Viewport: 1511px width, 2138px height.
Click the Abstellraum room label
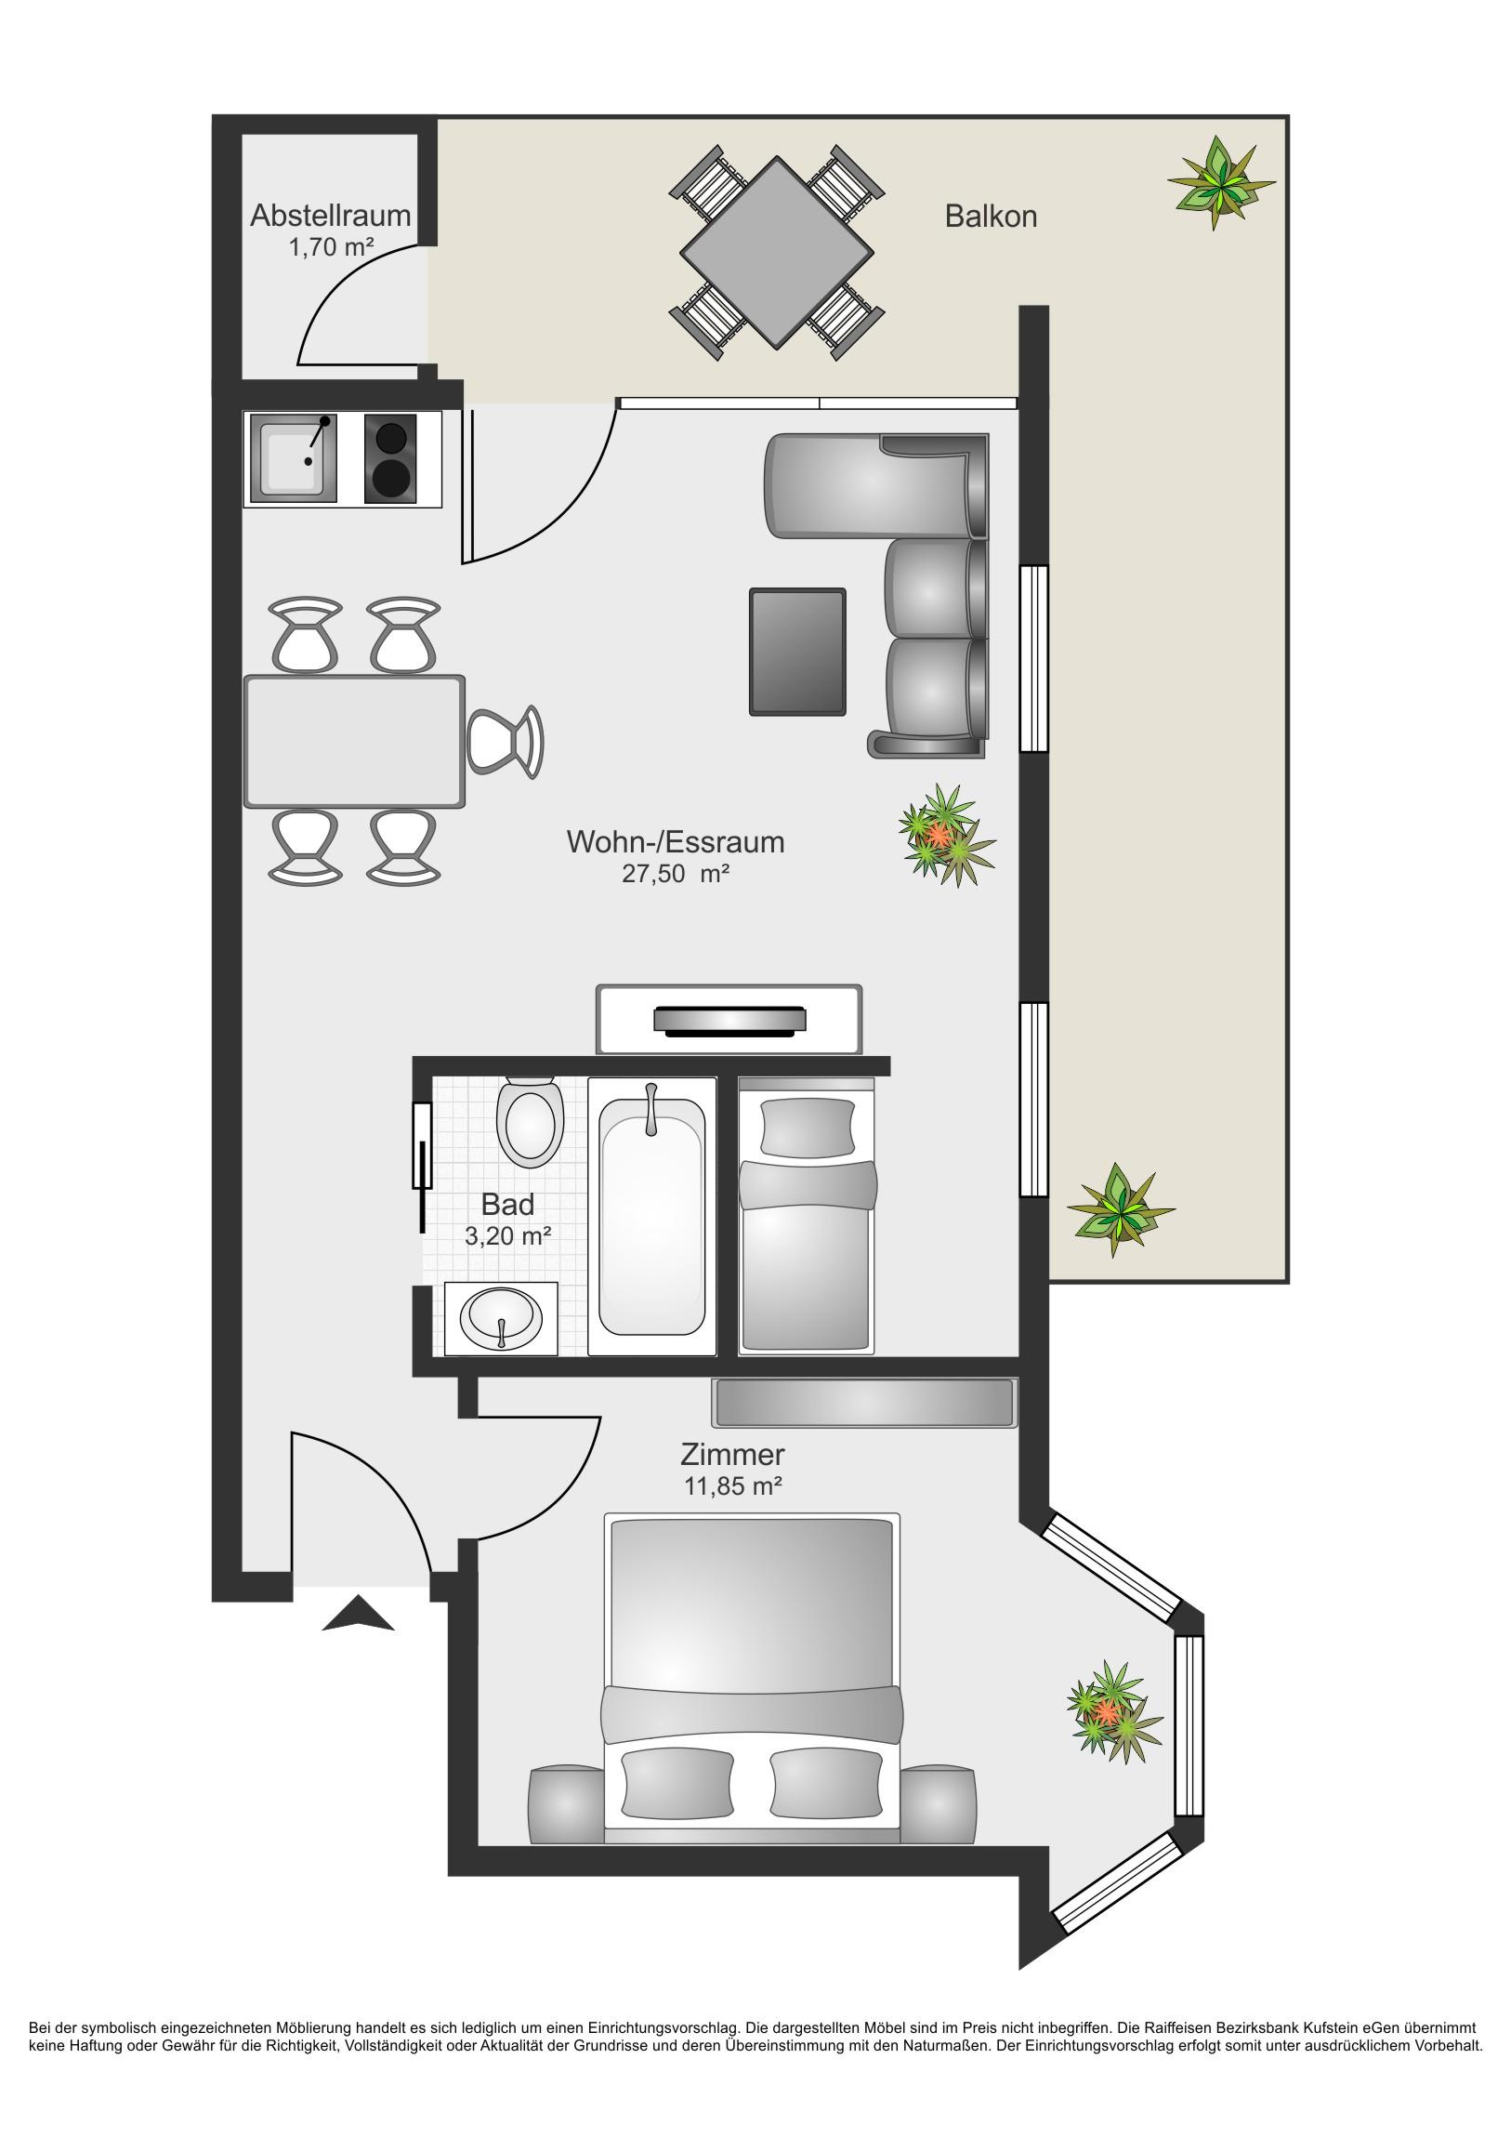point(331,215)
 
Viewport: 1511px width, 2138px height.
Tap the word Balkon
point(991,216)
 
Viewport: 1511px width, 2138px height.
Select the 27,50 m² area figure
point(675,874)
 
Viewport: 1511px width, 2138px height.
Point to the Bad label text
point(507,1204)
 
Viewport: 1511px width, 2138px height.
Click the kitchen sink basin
point(294,459)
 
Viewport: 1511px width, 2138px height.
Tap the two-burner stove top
point(390,458)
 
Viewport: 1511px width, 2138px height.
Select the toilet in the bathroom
point(531,1123)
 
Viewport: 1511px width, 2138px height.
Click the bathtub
point(651,1216)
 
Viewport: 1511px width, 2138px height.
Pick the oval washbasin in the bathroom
point(501,1318)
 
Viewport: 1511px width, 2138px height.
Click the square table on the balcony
point(778,252)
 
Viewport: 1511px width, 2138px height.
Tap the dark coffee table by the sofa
point(798,652)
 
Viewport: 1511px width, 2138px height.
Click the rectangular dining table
point(354,741)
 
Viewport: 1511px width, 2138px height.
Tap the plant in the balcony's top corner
point(1220,181)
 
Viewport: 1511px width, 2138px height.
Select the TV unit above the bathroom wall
point(729,1020)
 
